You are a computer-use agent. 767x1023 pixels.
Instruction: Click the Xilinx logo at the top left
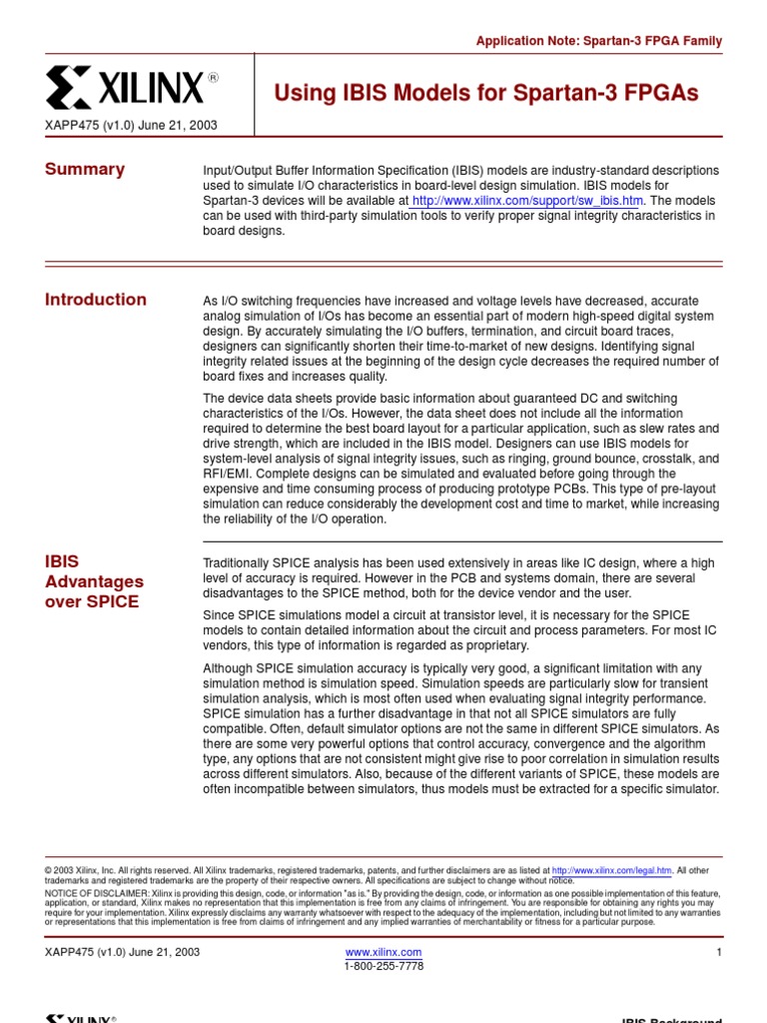[x=125, y=89]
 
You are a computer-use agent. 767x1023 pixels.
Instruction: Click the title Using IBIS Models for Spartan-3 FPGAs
[x=486, y=93]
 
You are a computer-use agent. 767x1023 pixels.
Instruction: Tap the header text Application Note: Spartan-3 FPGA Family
[x=598, y=41]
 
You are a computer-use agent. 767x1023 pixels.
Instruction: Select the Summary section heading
[x=85, y=169]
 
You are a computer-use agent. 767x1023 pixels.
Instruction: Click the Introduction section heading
[x=96, y=299]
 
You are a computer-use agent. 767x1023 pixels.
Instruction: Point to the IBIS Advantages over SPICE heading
[x=94, y=581]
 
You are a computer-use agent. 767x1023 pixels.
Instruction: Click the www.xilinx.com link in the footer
[x=383, y=952]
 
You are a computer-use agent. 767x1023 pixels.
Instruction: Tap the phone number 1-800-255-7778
[x=383, y=966]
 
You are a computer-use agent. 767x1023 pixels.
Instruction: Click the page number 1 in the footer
[x=718, y=952]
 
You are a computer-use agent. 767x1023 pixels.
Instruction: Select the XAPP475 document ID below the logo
[x=131, y=126]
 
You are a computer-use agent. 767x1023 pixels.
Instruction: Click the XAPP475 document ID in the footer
[x=122, y=952]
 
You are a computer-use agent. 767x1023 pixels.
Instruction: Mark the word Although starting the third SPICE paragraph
[x=229, y=667]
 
